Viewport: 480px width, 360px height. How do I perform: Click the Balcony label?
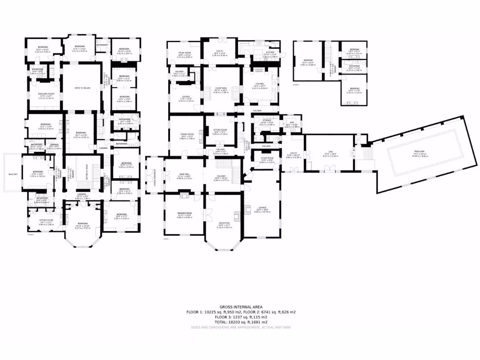pos(13,174)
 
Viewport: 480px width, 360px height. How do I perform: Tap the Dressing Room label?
pos(46,94)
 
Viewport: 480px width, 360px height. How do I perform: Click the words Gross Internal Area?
pos(240,307)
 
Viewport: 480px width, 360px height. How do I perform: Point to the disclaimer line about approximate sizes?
pos(240,327)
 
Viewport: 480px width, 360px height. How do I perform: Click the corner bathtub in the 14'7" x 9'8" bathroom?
pos(134,118)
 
